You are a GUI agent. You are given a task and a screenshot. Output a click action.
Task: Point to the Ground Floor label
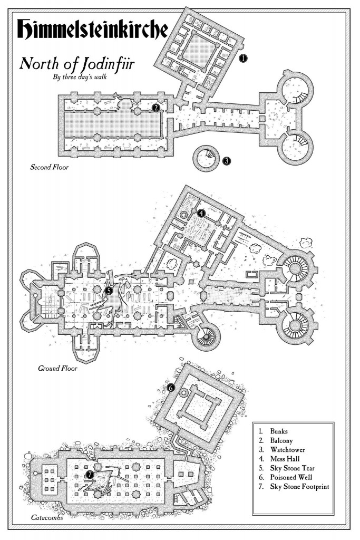57,368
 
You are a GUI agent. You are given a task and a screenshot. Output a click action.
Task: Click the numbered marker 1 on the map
242,59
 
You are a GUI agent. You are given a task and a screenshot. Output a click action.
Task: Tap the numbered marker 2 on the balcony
155,108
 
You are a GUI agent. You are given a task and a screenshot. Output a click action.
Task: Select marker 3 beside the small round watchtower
226,161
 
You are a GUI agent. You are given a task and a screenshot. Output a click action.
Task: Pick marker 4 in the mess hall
201,213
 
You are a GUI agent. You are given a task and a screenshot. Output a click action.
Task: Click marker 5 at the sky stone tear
109,290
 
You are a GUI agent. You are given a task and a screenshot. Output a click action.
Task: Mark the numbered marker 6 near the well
171,388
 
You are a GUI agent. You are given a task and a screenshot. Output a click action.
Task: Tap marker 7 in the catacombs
90,475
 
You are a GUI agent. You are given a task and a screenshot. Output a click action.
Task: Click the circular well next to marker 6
184,393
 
